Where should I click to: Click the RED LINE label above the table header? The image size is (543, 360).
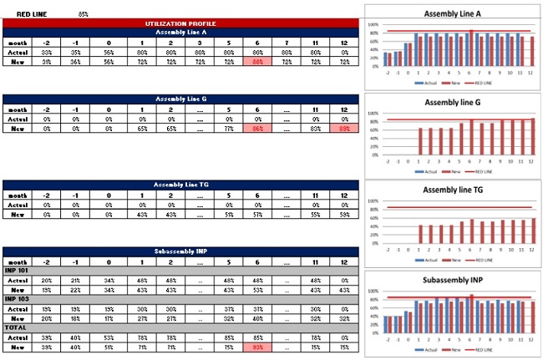31,14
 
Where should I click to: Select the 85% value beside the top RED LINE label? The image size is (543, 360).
84,14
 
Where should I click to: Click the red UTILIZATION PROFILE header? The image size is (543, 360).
180,23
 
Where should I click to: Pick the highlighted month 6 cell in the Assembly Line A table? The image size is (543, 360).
257,62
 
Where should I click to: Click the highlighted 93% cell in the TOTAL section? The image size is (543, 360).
257,347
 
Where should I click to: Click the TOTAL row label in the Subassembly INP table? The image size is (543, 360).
16,327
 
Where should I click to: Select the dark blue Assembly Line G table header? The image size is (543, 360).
180,99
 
